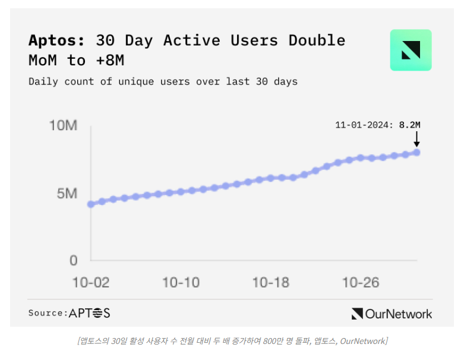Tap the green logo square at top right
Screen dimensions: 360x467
[411, 50]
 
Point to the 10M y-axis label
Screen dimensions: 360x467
[64, 126]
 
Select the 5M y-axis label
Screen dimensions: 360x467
[67, 194]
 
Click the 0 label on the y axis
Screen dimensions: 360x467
[74, 260]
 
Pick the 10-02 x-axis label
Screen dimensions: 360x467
[90, 283]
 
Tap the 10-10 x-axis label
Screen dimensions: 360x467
[181, 283]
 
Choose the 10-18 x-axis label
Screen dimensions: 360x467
[270, 283]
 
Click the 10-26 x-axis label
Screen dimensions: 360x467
[361, 283]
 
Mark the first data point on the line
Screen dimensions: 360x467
[91, 204]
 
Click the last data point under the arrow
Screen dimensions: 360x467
[416, 153]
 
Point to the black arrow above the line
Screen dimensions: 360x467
[416, 139]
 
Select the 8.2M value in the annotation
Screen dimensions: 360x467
[409, 125]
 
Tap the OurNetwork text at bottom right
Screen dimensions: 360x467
[399, 314]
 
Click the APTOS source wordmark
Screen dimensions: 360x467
[90, 313]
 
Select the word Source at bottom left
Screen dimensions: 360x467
[46, 313]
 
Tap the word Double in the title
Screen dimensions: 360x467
[317, 40]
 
